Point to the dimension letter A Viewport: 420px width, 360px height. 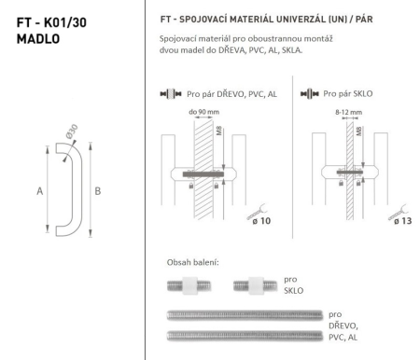40,190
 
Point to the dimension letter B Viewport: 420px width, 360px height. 98,190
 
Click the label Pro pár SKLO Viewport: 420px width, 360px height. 351,94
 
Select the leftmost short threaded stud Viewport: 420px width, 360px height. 191,284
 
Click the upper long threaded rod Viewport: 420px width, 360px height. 243,314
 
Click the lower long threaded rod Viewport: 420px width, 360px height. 243,334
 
